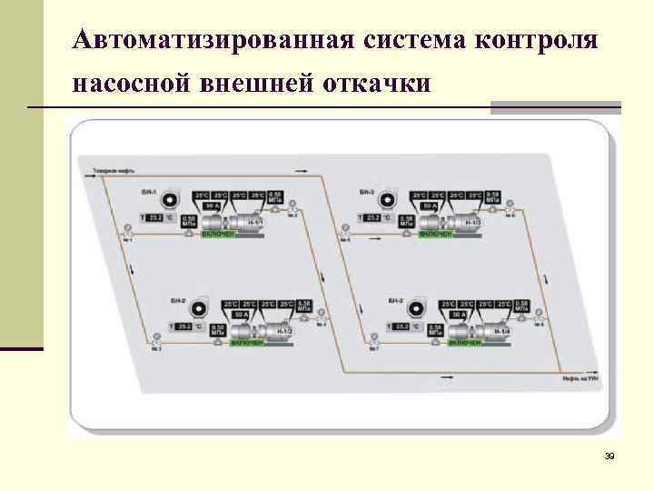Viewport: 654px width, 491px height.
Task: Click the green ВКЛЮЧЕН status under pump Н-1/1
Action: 220,235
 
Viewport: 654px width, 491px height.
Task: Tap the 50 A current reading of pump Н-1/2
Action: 241,315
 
